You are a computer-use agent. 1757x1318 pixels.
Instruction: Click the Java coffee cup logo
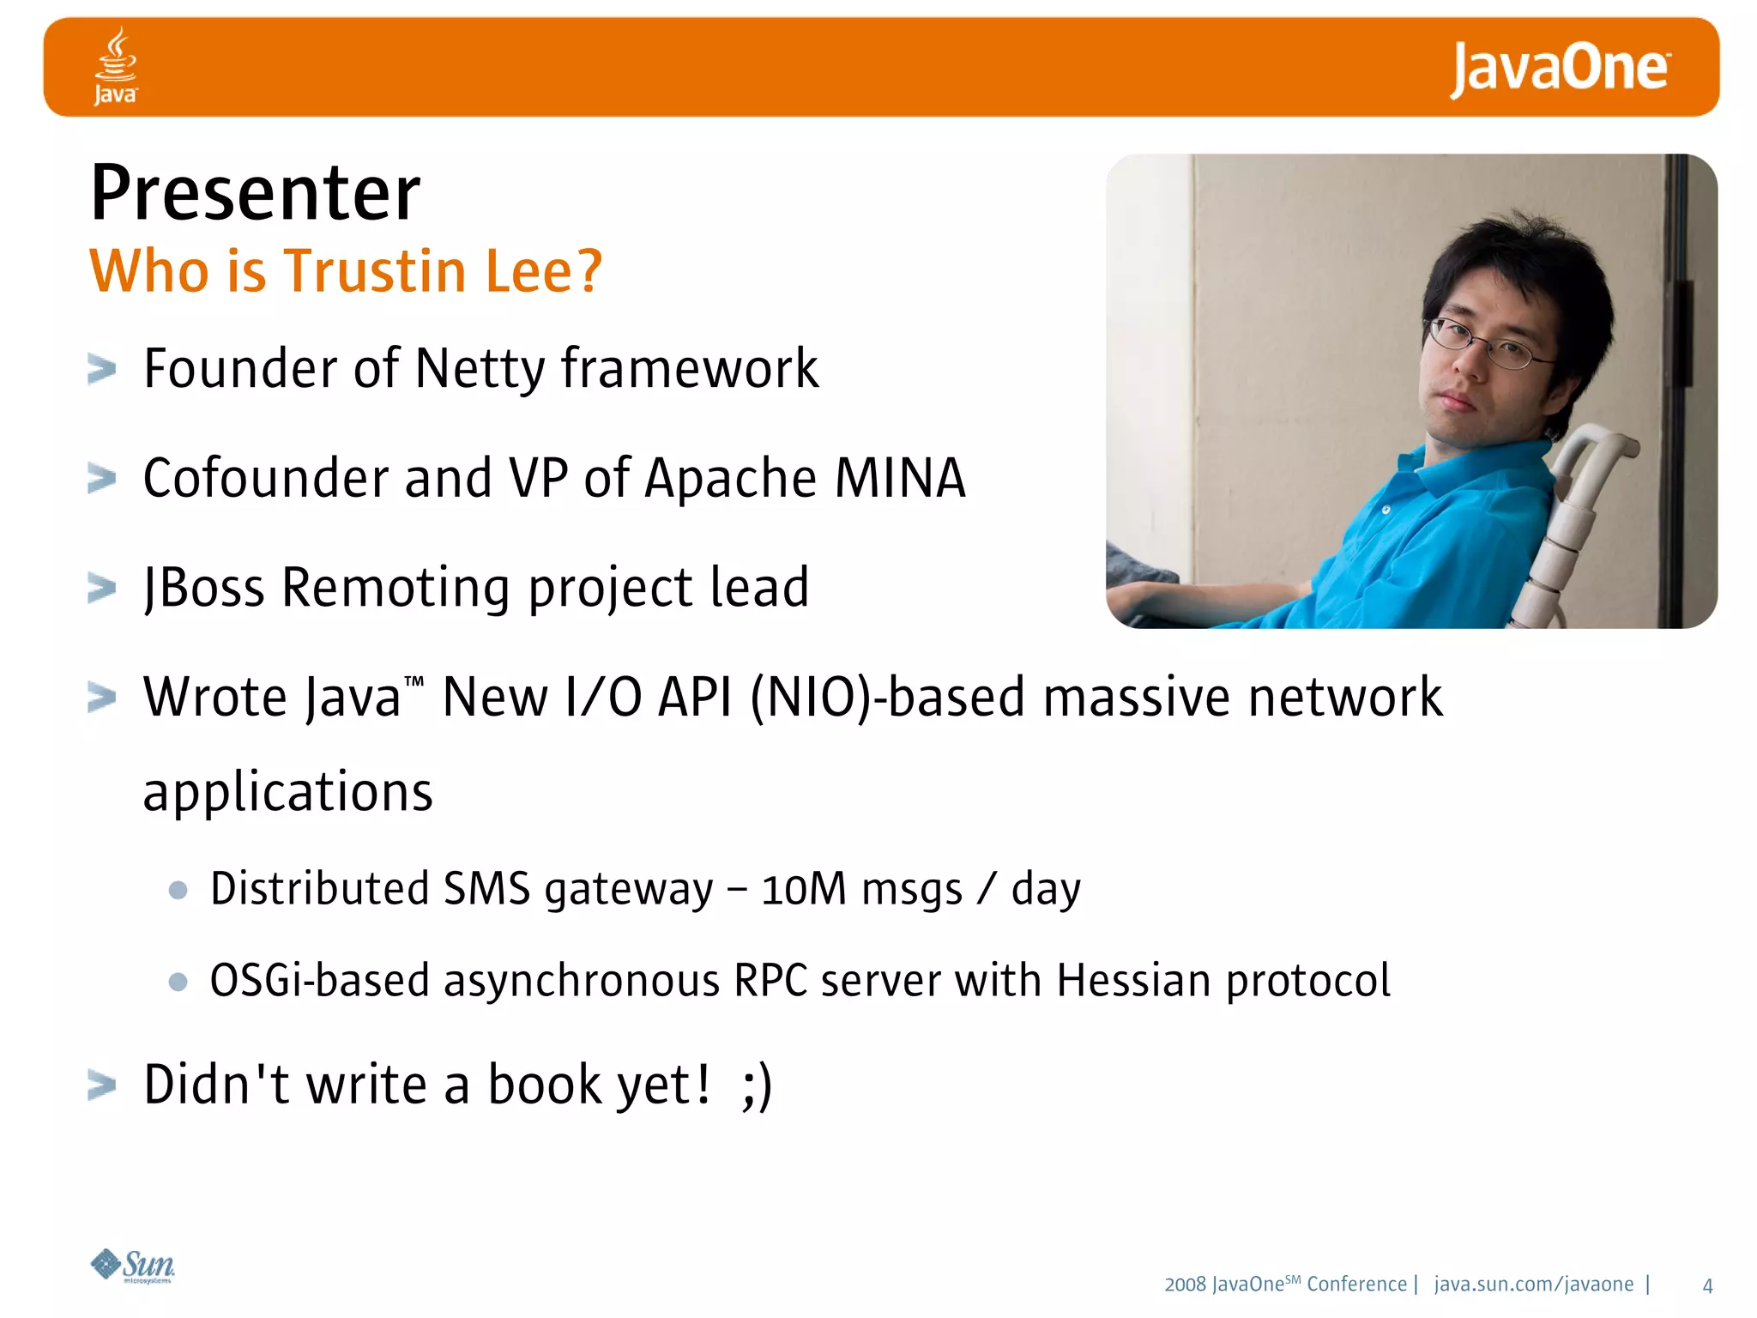point(116,65)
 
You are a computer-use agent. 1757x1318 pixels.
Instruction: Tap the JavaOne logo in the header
point(1559,69)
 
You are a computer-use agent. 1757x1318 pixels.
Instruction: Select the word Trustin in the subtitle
point(375,271)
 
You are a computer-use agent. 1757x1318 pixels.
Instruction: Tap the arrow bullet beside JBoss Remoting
point(101,589)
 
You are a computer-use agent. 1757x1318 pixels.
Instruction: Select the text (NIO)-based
point(887,697)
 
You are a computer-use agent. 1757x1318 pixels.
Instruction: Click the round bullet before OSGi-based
point(178,982)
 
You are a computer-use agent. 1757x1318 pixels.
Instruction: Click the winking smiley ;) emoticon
point(757,1085)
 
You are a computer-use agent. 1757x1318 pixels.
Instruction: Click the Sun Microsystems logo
point(134,1266)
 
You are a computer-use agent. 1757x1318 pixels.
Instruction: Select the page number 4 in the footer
point(1706,1285)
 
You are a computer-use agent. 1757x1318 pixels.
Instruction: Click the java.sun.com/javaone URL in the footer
point(1533,1285)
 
